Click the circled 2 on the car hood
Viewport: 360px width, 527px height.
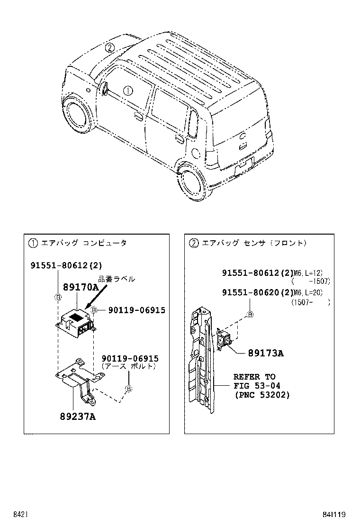pos(109,47)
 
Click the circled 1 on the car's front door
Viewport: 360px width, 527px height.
pos(128,90)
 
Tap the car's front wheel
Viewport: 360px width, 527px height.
pos(76,116)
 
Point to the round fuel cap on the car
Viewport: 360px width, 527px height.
pos(194,153)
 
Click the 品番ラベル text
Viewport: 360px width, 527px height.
pos(116,279)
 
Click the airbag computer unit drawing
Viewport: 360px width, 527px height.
pos(76,322)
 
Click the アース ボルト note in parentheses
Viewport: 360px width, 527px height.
pos(128,366)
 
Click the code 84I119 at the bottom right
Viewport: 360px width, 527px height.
pos(334,514)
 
